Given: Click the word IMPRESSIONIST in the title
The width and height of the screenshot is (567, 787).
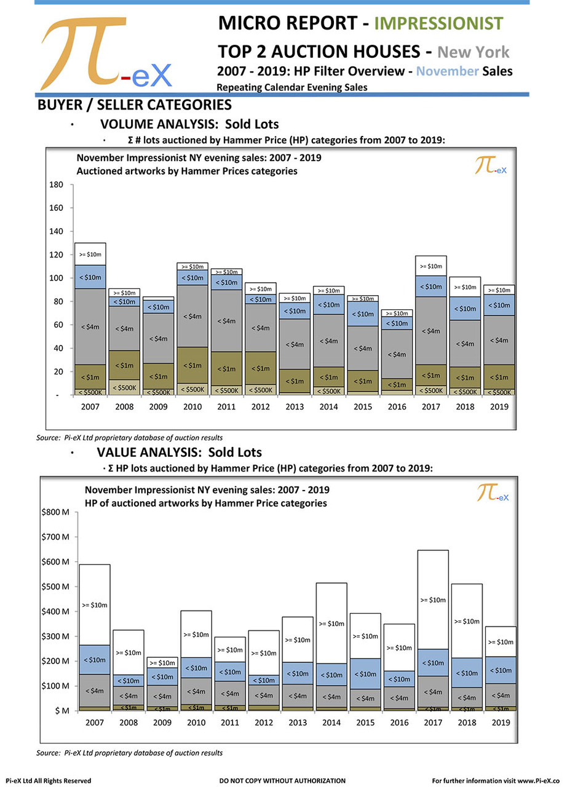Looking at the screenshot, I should [438, 23].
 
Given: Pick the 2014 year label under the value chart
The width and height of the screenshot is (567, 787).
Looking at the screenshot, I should [332, 723].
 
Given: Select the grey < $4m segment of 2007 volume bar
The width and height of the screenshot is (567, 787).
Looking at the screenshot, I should [90, 326].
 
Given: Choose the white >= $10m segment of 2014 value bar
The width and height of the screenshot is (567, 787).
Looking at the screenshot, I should [332, 623].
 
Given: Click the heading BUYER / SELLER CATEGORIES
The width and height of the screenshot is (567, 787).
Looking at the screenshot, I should [134, 105].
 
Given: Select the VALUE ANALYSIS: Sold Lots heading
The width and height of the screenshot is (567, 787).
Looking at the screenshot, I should [179, 453].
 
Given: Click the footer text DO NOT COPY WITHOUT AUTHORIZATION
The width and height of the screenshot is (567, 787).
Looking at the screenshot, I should [282, 780].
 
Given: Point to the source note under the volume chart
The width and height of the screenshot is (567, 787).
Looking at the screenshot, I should [129, 437].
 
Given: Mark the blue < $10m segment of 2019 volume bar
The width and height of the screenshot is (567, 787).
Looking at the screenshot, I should [498, 305].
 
